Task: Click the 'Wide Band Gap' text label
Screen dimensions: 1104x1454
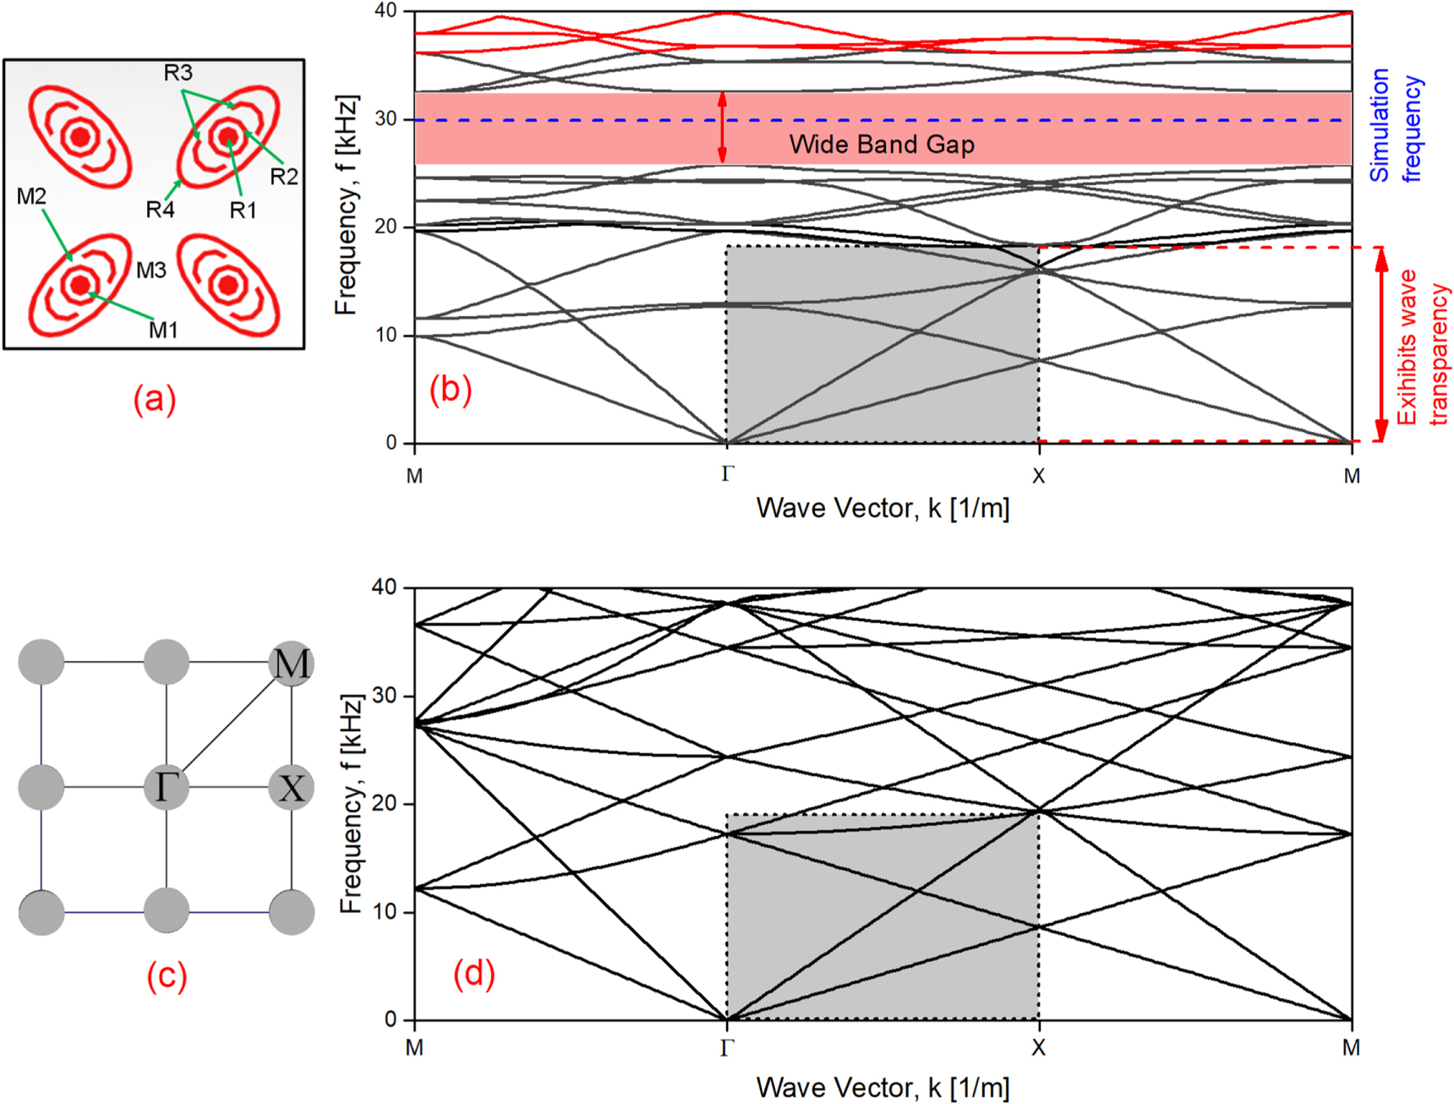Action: (882, 145)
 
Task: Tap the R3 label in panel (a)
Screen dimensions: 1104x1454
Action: (178, 74)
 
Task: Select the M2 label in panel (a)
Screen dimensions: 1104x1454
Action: (31, 197)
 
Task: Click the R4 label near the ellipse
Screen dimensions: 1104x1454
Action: (160, 210)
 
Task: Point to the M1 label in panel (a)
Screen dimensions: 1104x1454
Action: (163, 331)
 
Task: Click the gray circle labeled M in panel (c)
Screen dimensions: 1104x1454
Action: (292, 663)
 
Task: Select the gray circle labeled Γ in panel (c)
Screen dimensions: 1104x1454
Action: (166, 787)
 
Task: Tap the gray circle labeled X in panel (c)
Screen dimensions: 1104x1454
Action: (292, 788)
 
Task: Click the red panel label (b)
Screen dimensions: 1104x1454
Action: (451, 389)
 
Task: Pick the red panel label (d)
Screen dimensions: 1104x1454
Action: (473, 973)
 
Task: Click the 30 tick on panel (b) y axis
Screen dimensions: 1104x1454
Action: (385, 119)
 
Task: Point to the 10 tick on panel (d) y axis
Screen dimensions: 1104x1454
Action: (385, 912)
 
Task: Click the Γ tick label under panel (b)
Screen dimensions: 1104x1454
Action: (727, 475)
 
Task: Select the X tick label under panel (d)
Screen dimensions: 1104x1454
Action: (1038, 1048)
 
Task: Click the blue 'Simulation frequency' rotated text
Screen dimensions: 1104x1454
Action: (1395, 125)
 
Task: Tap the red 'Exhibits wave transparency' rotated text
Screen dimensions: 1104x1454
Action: (1422, 347)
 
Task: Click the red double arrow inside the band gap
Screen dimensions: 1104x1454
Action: (722, 127)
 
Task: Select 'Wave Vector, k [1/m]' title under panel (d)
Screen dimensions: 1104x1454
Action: (883, 1087)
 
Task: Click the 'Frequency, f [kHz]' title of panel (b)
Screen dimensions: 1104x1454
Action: (347, 205)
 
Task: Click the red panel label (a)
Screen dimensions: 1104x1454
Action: (155, 399)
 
